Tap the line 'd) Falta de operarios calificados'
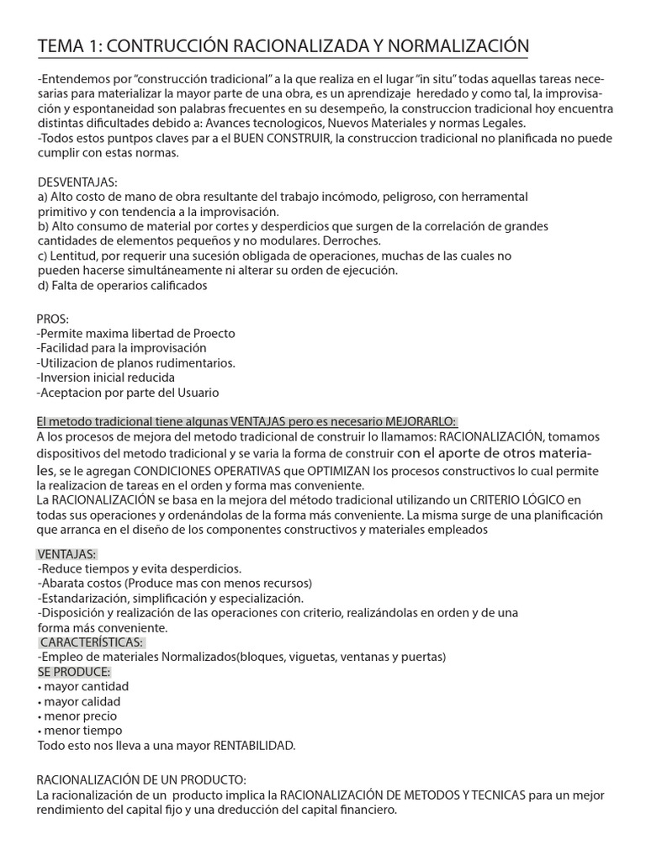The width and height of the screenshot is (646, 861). coord(123,285)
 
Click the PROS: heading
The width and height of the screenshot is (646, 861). coord(53,319)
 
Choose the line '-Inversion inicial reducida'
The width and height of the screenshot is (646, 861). coord(106,378)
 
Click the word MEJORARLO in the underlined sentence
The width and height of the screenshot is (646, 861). coord(420,421)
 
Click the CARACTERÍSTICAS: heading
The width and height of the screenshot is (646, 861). coord(91,642)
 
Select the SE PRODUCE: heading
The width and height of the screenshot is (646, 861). coord(74,672)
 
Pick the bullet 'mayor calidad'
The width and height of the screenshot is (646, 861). coord(82,701)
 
